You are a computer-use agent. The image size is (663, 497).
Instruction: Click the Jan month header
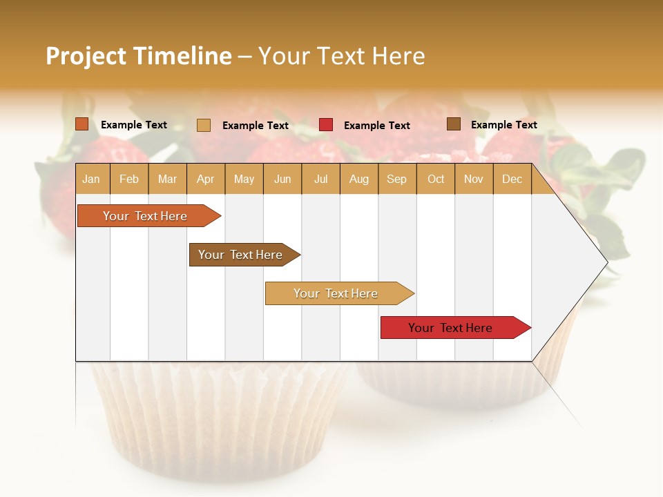(x=91, y=179)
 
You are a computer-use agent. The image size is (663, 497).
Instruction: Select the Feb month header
(x=129, y=179)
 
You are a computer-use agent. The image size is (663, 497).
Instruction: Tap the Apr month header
(x=205, y=179)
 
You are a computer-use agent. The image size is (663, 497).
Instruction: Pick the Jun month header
(x=282, y=179)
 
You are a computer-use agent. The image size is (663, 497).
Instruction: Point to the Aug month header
(x=358, y=179)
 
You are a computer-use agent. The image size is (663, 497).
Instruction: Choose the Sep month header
(x=396, y=179)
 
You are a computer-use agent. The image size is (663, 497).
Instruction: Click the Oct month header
(x=436, y=179)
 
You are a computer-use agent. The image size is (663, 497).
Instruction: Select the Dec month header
(x=512, y=179)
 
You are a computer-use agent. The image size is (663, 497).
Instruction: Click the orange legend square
(x=82, y=124)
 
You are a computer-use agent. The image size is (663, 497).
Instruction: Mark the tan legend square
(x=204, y=125)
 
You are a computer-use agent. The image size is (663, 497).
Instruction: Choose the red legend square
(x=326, y=125)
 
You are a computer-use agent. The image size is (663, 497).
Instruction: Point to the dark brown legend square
(x=454, y=124)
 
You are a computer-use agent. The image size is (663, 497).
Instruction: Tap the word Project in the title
(x=86, y=56)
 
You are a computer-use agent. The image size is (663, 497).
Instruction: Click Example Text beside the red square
(x=376, y=126)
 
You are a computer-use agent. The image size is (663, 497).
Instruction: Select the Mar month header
(x=167, y=179)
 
